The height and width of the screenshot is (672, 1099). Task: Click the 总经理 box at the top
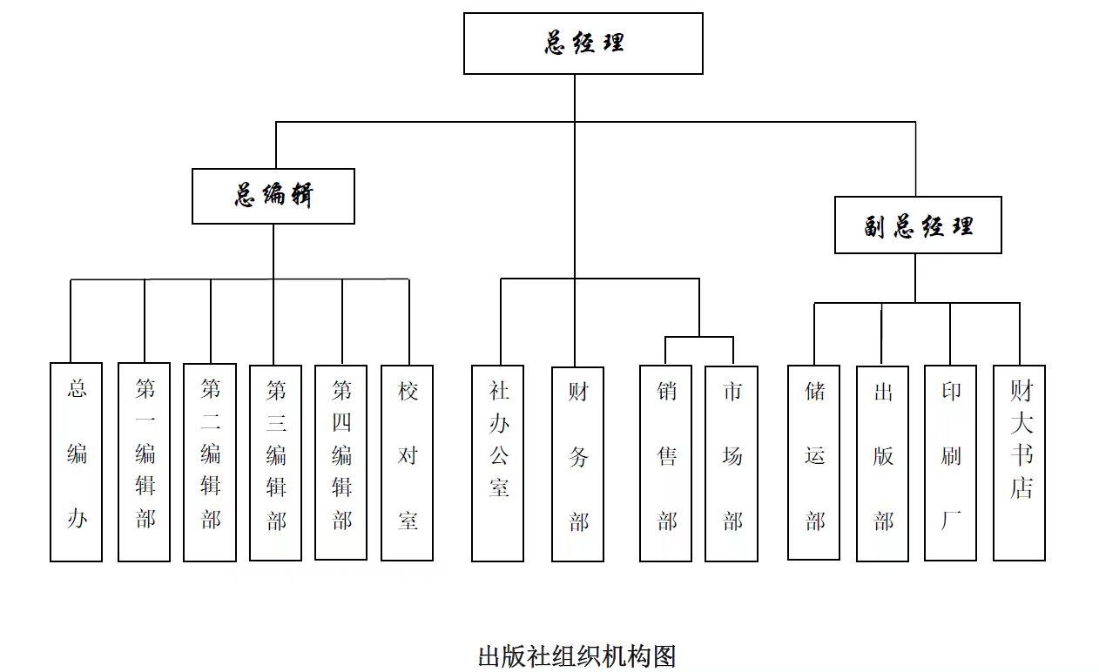[583, 44]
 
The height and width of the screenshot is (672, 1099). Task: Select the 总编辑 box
[273, 196]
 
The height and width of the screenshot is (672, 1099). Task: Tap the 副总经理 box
[918, 225]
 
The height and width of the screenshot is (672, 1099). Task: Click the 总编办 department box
[77, 461]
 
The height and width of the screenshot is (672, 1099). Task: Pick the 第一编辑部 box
[145, 461]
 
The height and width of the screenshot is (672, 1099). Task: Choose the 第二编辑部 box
[210, 461]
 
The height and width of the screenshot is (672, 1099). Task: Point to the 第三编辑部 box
[275, 461]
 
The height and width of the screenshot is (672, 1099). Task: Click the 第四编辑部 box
[341, 461]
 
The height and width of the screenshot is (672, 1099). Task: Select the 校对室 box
[408, 461]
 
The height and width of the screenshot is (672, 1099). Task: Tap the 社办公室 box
[498, 462]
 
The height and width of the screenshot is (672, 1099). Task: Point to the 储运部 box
[814, 462]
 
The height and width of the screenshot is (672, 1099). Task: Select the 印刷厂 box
[950, 462]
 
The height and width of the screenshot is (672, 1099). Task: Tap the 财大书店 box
[1020, 462]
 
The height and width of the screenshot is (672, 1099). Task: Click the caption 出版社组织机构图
[576, 655]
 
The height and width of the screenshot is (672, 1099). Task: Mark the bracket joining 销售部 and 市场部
[699, 338]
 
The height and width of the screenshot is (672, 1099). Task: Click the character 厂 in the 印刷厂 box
[951, 521]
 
